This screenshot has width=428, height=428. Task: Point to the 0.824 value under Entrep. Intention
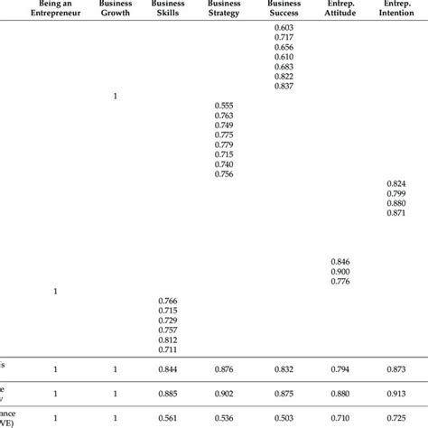395,183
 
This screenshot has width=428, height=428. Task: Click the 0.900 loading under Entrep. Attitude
340,271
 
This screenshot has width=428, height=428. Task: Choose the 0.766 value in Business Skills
169,301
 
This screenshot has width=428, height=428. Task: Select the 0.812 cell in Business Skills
169,340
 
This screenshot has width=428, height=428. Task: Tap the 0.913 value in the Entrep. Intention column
395,394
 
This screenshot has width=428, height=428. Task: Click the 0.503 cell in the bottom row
284,419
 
